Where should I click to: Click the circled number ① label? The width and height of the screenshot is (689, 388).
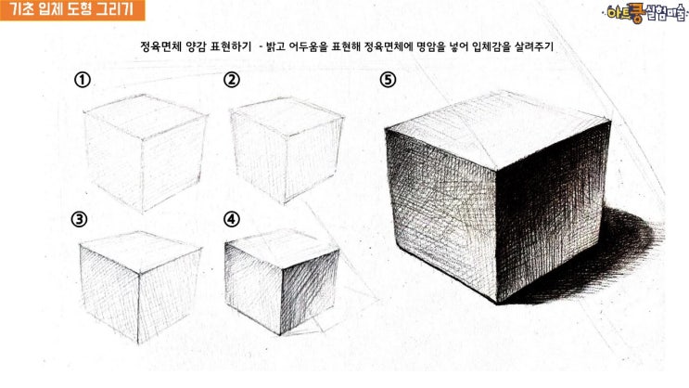click(x=83, y=80)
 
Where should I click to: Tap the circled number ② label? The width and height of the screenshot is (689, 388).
click(x=232, y=80)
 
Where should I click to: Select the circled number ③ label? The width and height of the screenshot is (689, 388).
click(x=79, y=219)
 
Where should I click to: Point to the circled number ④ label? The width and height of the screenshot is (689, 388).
click(x=232, y=219)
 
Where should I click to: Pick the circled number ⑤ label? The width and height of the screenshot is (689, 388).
click(x=388, y=80)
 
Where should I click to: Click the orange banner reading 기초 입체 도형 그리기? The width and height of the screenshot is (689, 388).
click(x=72, y=10)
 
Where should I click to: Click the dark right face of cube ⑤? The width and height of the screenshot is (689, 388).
click(x=552, y=211)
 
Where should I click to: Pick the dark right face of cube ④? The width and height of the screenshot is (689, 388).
click(x=309, y=291)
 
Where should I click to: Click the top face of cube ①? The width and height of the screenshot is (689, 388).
click(x=146, y=117)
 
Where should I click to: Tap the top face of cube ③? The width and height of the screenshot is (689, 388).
click(x=140, y=252)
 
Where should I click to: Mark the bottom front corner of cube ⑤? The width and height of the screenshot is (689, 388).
click(x=497, y=303)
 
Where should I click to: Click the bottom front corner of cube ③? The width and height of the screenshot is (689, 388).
click(x=137, y=343)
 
